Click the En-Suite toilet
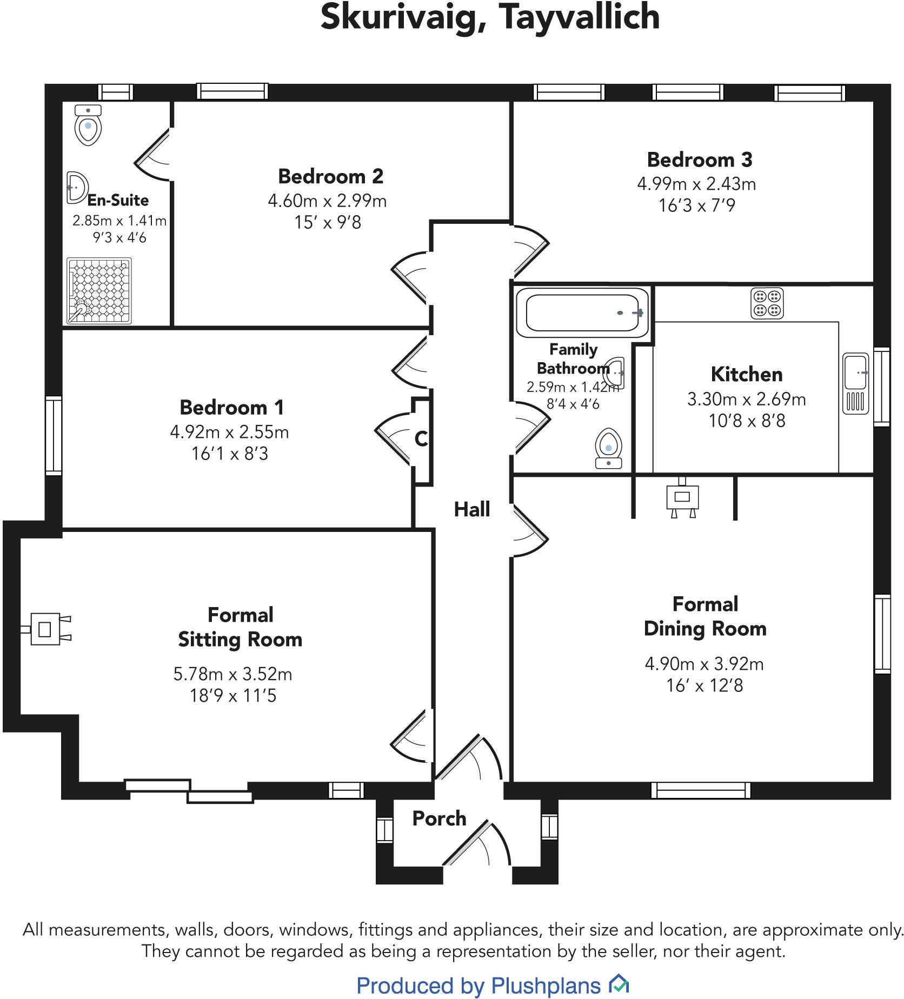[x=88, y=126]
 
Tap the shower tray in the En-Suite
[x=99, y=291]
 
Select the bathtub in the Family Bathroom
[x=582, y=313]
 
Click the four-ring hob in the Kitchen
[x=767, y=303]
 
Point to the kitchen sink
[x=856, y=384]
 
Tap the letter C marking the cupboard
[x=421, y=439]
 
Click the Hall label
[x=472, y=509]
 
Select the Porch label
[x=439, y=818]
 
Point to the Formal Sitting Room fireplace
[x=46, y=629]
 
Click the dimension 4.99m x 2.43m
[x=696, y=184]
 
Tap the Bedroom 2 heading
[x=330, y=176]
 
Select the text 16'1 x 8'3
[x=230, y=454]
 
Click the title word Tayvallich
[x=579, y=17]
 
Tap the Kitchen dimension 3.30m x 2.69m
[x=747, y=399]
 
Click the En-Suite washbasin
[x=76, y=188]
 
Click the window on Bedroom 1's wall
[x=54, y=435]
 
